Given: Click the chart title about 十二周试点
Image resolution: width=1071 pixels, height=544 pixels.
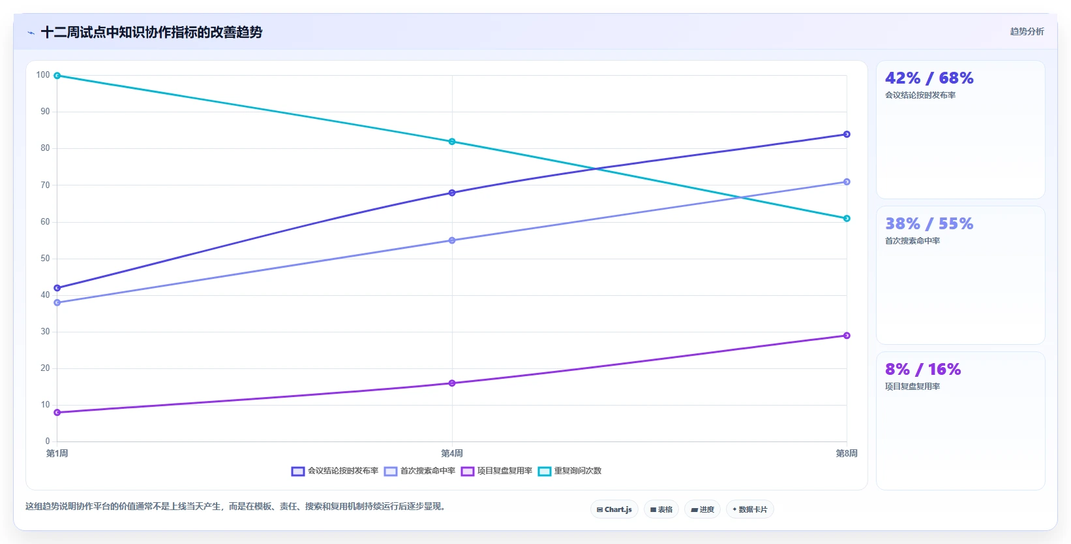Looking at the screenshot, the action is pyautogui.click(x=151, y=32).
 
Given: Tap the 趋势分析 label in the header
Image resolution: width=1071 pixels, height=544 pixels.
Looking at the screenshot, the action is pyautogui.click(x=1027, y=31).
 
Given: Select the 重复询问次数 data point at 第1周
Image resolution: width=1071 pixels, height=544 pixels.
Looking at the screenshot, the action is pyautogui.click(x=57, y=76).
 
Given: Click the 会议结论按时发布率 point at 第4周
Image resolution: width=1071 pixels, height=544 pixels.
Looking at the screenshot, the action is pyautogui.click(x=452, y=193).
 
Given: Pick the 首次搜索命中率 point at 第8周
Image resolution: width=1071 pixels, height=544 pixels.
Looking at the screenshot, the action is pyautogui.click(x=847, y=182).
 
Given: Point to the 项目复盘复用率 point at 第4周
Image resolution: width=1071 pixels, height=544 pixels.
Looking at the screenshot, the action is pyautogui.click(x=452, y=383).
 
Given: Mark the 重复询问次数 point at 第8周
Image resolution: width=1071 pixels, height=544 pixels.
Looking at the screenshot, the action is pyautogui.click(x=847, y=218).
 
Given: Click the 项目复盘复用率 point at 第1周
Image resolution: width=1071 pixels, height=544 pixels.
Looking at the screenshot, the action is pyautogui.click(x=57, y=412).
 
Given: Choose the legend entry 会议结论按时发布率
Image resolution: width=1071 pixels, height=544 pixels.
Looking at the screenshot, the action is pyautogui.click(x=335, y=472).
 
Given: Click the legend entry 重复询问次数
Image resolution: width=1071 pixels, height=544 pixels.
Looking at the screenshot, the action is pyautogui.click(x=569, y=472).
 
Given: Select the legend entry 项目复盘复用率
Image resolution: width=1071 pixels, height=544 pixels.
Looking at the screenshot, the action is pyautogui.click(x=497, y=472).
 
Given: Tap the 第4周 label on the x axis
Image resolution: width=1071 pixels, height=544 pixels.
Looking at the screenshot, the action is pyautogui.click(x=452, y=453).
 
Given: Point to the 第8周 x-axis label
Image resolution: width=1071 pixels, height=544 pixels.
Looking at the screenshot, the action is pyautogui.click(x=847, y=453).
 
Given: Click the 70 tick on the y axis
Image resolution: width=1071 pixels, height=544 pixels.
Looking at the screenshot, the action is pyautogui.click(x=45, y=185).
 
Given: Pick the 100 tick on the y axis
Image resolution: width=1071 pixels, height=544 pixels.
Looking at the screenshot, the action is pyautogui.click(x=42, y=74).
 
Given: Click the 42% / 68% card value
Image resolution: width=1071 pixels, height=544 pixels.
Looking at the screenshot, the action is pyautogui.click(x=929, y=78).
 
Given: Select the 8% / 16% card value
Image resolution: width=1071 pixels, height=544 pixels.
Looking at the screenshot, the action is pyautogui.click(x=923, y=369).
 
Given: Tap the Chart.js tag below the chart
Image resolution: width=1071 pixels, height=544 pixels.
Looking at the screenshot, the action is pyautogui.click(x=614, y=509).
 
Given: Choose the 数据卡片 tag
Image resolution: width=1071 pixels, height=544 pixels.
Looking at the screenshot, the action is pyautogui.click(x=749, y=509).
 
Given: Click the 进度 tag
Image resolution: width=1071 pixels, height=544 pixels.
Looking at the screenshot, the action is pyautogui.click(x=702, y=509).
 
